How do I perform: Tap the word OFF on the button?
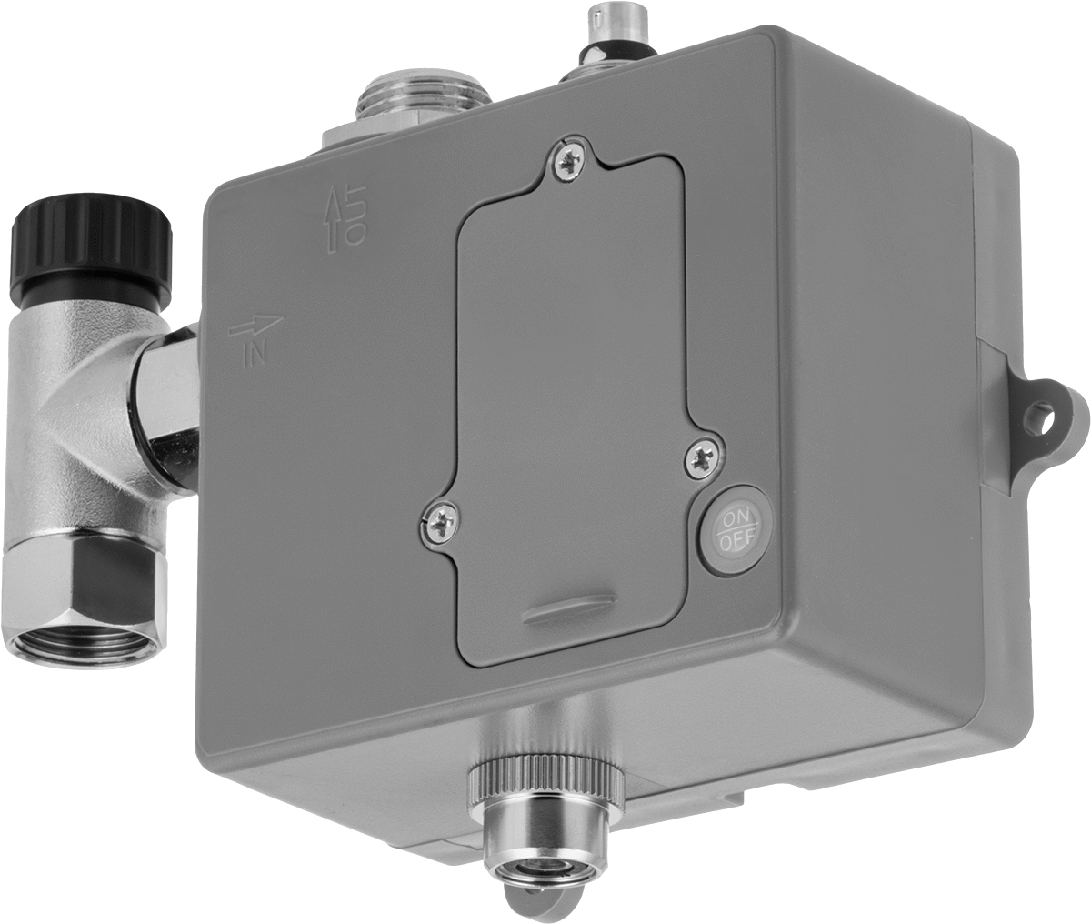point(737,541)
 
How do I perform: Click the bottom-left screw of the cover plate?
point(440,519)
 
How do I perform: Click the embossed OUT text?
point(354,215)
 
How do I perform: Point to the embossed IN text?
point(256,349)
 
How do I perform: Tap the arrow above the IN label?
point(256,326)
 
